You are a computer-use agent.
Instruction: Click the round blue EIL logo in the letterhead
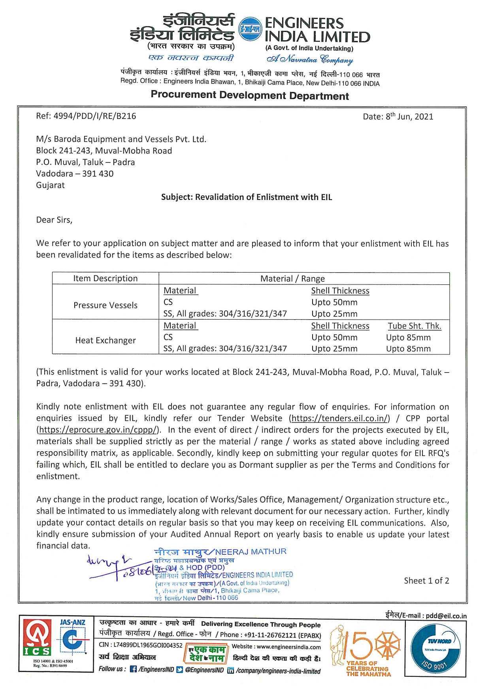pyautogui.click(x=251, y=29)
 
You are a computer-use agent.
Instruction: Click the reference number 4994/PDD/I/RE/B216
pyautogui.click(x=94, y=116)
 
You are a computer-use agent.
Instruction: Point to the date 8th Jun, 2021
pyautogui.click(x=409, y=117)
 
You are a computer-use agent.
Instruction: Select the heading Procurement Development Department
pyautogui.click(x=250, y=96)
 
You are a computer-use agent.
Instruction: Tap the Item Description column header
pyautogui.click(x=106, y=279)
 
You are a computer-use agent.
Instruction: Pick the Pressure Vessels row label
pyautogui.click(x=106, y=305)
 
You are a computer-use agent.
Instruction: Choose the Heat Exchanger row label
pyautogui.click(x=106, y=341)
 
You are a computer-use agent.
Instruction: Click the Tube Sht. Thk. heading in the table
pyautogui.click(x=415, y=326)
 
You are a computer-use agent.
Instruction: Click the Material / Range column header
pyautogui.click(x=292, y=279)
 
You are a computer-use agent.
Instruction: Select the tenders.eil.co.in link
pyautogui.click(x=339, y=418)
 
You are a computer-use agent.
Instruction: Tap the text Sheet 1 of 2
pyautogui.click(x=426, y=581)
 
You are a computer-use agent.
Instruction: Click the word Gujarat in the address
pyautogui.click(x=51, y=185)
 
